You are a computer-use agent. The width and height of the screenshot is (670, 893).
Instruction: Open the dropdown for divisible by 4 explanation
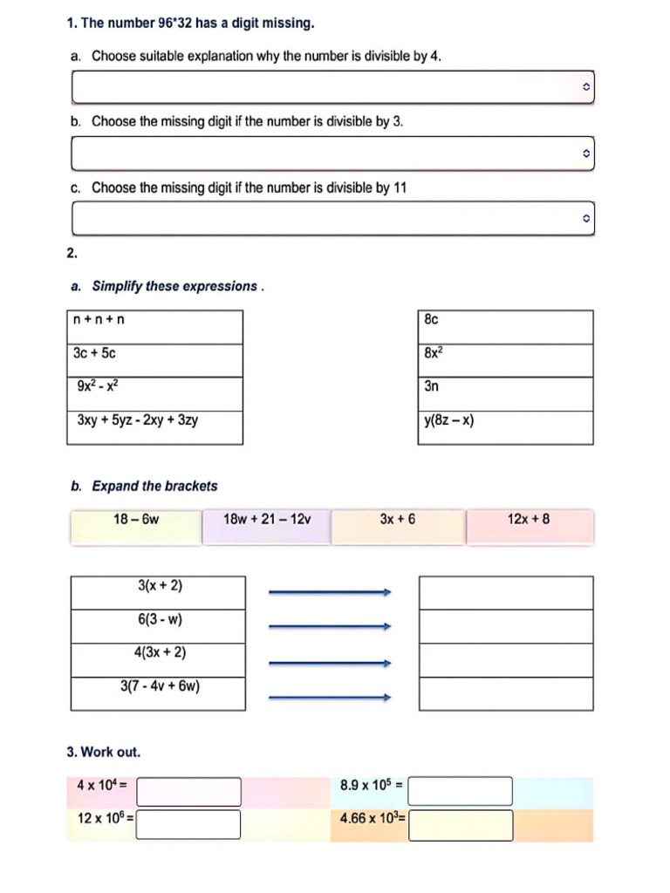(x=332, y=87)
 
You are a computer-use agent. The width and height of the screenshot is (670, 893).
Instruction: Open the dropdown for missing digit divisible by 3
(x=332, y=153)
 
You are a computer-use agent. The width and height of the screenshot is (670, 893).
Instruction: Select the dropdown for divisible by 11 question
(x=332, y=218)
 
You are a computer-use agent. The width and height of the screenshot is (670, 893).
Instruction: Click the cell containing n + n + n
(x=154, y=327)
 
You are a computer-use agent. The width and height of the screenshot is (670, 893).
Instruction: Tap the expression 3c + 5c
(x=154, y=360)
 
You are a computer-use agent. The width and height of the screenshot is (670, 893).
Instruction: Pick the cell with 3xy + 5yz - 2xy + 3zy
(x=154, y=427)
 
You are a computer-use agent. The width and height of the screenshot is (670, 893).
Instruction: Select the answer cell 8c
(x=505, y=327)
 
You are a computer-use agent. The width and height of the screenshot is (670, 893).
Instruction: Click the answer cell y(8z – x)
(x=505, y=427)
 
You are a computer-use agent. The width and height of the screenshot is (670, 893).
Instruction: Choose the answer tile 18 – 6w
(x=136, y=527)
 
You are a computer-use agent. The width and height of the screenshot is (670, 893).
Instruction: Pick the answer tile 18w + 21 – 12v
(x=267, y=527)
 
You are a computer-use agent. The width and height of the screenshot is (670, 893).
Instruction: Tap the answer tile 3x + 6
(x=398, y=527)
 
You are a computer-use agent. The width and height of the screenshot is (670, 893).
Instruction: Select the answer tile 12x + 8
(x=529, y=527)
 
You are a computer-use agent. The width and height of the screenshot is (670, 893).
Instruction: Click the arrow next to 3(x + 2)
(x=330, y=593)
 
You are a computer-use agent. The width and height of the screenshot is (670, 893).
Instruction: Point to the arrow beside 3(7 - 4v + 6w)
(x=330, y=697)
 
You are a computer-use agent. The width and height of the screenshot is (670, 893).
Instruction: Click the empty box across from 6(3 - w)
(x=505, y=626)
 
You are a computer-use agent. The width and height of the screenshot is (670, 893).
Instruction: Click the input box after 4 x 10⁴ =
(x=188, y=791)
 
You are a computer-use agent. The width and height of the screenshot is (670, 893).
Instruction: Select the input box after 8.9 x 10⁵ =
(x=460, y=791)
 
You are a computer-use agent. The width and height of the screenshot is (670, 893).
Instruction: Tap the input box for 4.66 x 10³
(x=461, y=824)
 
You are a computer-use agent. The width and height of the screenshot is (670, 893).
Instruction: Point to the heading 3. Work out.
(x=103, y=752)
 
